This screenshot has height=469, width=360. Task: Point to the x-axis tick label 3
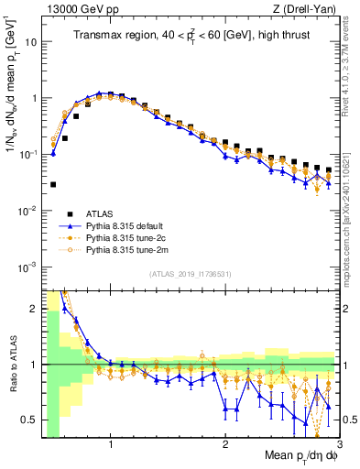[x=338, y=445]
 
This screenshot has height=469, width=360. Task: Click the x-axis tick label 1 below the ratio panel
[x=111, y=445]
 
